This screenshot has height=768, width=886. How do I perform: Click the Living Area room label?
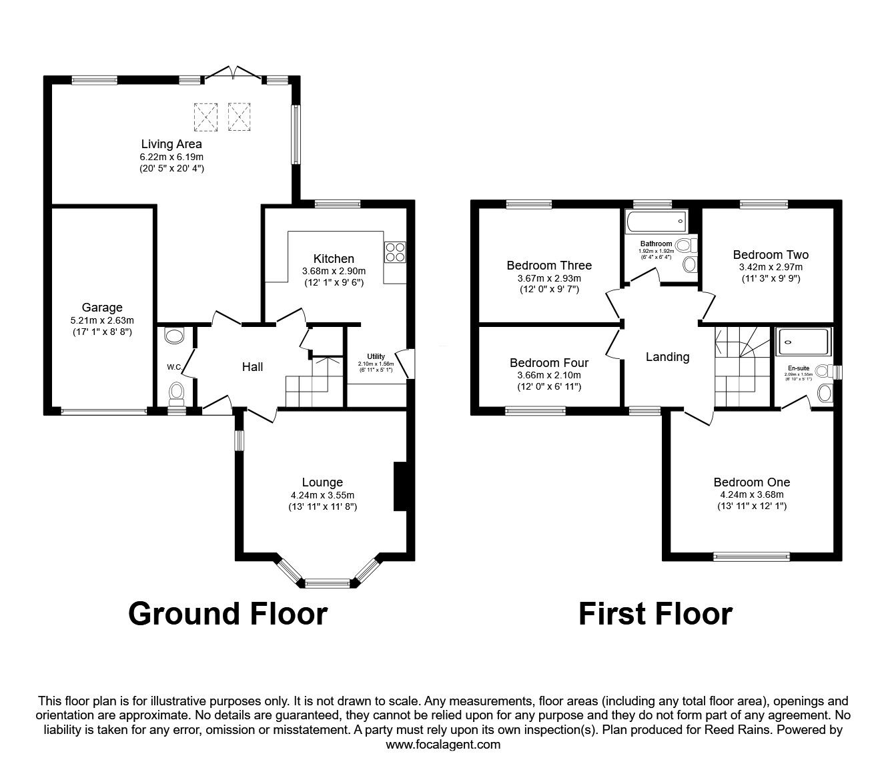[171, 143]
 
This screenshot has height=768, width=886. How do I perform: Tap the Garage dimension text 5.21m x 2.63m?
[102, 320]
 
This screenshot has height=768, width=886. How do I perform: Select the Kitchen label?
[334, 259]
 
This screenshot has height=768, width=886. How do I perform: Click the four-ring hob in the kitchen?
[394, 251]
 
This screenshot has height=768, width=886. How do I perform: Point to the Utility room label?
[376, 356]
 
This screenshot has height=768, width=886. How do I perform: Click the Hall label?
[252, 366]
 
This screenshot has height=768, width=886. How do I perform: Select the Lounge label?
[322, 482]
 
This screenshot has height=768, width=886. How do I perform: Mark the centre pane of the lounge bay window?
[328, 583]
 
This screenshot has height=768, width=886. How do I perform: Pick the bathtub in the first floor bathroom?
[656, 220]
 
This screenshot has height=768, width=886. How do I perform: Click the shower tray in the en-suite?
[803, 342]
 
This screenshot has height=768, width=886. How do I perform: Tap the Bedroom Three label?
[548, 266]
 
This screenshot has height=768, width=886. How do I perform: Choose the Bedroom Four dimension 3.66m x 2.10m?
[548, 375]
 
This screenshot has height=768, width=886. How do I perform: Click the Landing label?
[667, 357]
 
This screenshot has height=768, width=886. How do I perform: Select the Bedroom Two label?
[770, 255]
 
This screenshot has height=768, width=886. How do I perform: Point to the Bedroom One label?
[751, 482]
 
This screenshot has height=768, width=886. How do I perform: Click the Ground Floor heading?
[228, 614]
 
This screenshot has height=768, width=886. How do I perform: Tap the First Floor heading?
[655, 614]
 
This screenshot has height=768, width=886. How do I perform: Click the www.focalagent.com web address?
[443, 745]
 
